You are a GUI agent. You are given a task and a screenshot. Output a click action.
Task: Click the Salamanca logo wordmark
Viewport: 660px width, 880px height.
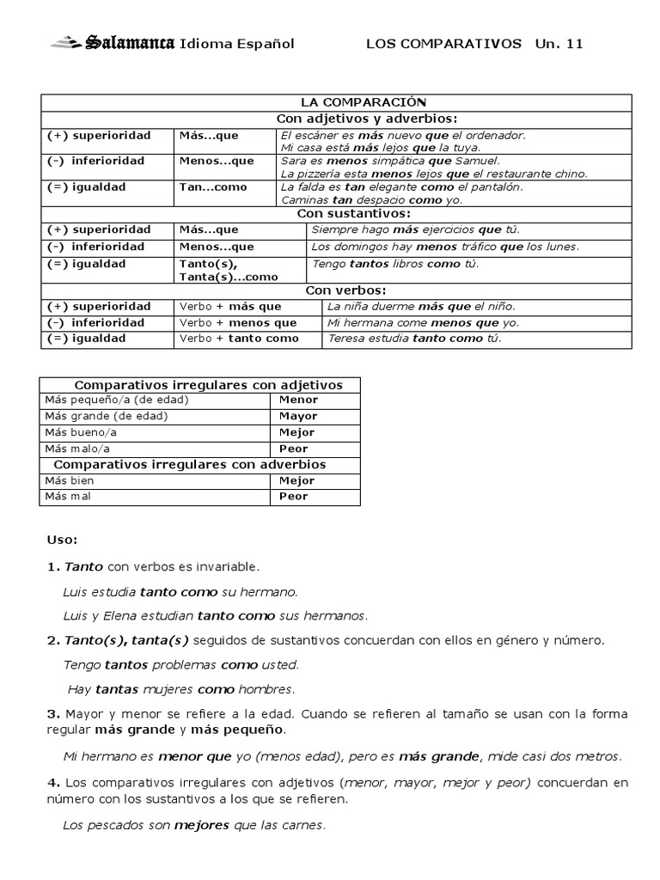[127, 43]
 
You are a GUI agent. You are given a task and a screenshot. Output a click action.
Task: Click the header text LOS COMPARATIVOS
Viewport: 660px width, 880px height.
[443, 44]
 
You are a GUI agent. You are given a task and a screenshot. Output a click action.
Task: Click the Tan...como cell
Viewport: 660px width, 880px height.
[212, 187]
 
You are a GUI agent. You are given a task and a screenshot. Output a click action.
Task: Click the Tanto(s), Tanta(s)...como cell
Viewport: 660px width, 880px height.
[228, 270]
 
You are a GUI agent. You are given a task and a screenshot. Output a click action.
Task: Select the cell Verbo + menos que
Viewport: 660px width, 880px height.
[237, 323]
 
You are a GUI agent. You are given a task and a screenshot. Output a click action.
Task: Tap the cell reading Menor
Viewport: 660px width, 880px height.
[298, 400]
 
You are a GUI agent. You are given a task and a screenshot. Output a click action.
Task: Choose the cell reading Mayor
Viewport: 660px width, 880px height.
[298, 416]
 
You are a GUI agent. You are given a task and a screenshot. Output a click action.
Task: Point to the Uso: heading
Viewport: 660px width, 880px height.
[62, 541]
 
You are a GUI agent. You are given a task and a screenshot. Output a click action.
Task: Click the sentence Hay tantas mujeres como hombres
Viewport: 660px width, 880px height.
[181, 689]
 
